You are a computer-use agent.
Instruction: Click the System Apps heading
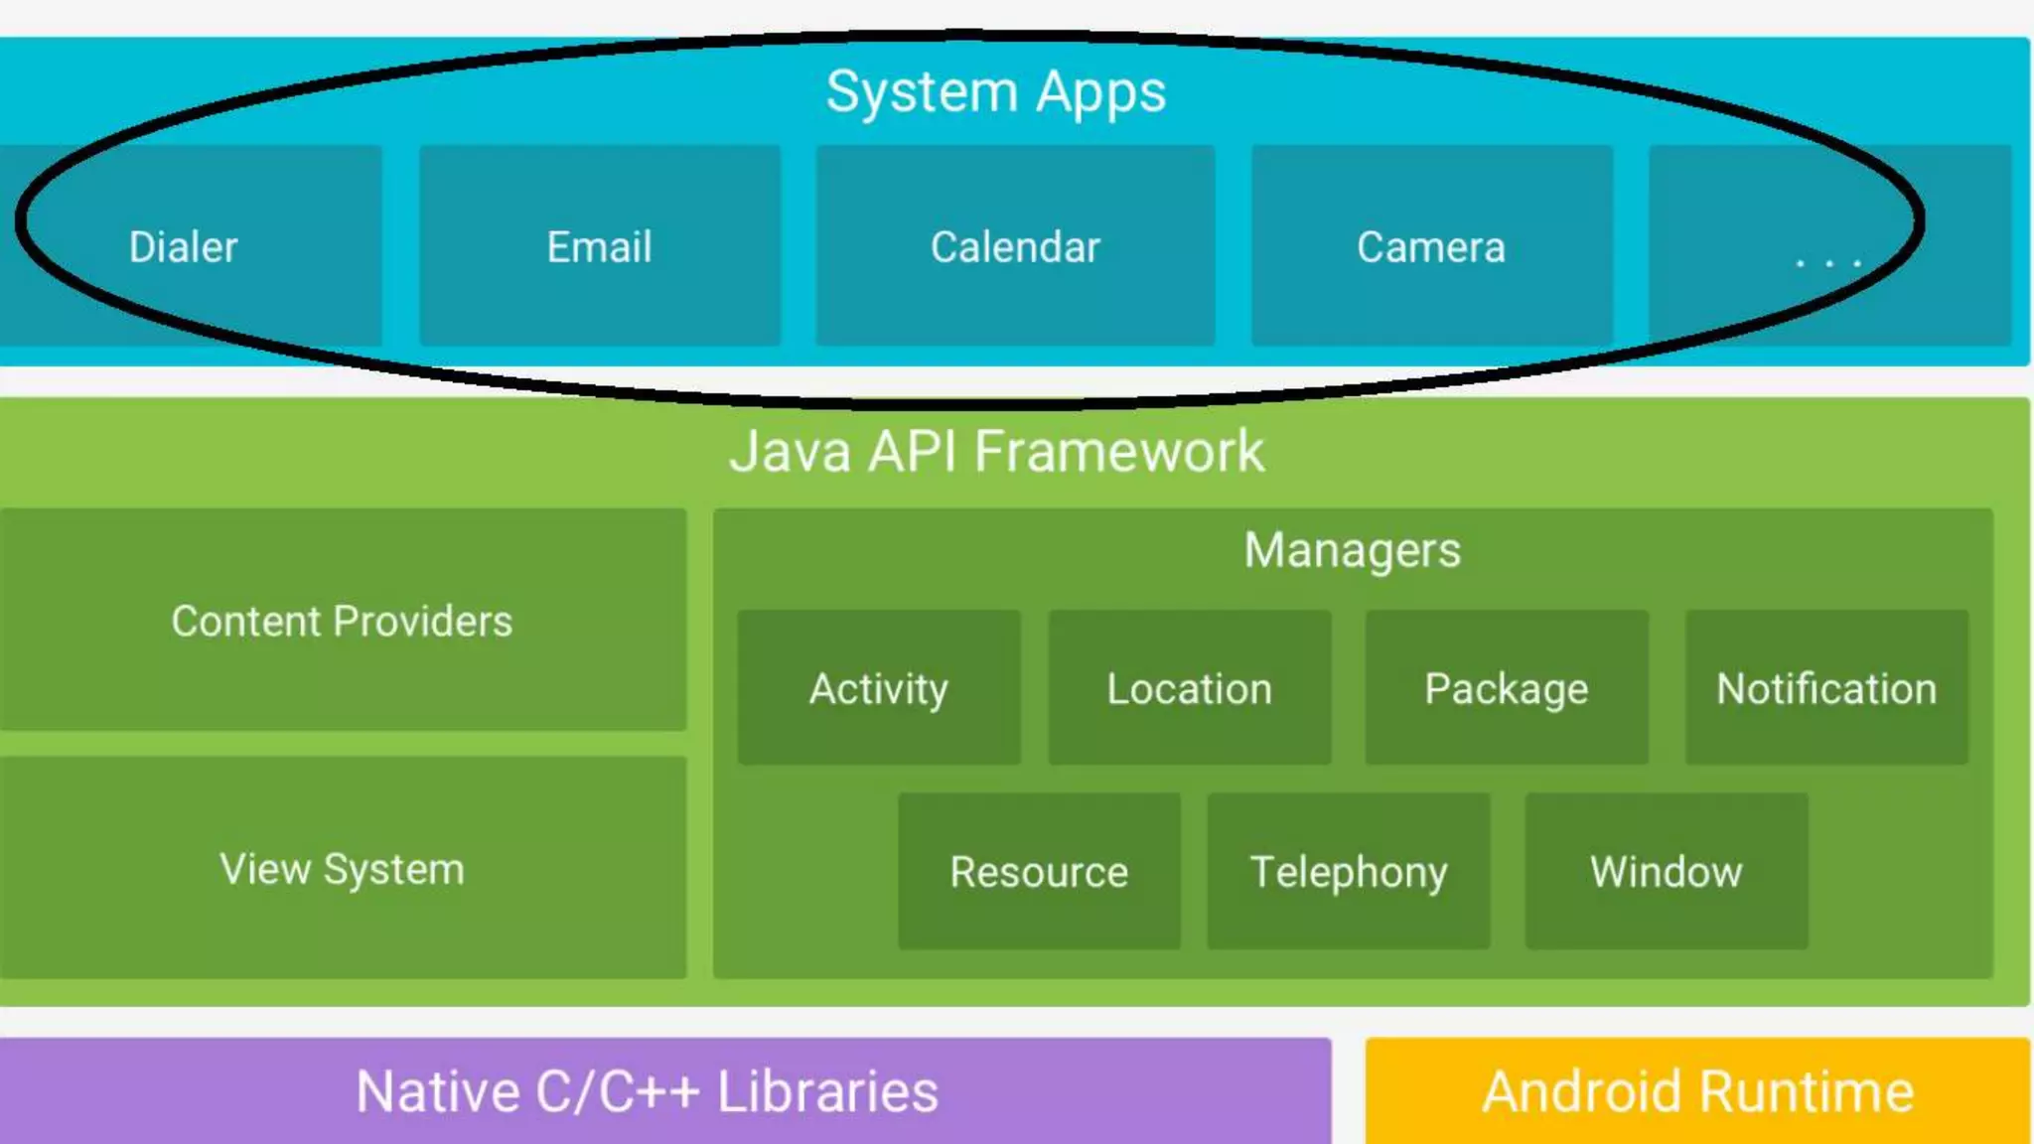996,92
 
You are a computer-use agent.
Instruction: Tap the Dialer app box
185,246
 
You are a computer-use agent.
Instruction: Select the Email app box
599,246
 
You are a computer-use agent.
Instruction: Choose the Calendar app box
1015,246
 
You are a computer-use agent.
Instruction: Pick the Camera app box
1431,246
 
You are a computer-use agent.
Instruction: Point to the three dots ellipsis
1827,262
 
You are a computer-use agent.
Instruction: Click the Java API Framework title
996,452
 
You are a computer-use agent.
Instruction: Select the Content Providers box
343,621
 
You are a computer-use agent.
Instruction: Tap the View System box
343,869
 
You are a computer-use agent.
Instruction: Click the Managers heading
1352,550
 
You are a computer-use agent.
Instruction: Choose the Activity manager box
879,688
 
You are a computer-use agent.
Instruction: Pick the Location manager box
1190,688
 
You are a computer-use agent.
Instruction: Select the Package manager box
1507,688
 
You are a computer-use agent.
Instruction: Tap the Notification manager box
1826,688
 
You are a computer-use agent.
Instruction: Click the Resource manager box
1039,871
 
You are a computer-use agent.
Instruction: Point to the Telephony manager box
1349,871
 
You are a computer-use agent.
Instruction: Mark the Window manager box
1667,871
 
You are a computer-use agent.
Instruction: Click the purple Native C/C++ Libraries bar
648,1091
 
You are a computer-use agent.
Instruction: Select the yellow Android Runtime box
1698,1091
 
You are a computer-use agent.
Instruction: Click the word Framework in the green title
1119,452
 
